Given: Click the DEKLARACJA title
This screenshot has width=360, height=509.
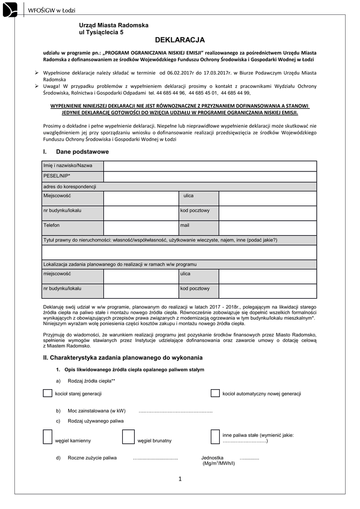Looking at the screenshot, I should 180,39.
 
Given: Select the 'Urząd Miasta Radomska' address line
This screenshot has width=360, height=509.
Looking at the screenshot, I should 114,25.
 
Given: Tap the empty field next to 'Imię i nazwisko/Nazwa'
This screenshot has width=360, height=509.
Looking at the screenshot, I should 210,166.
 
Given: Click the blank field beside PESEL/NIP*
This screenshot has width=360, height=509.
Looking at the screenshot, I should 210,176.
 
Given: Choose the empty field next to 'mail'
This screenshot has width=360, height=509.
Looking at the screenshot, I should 268,227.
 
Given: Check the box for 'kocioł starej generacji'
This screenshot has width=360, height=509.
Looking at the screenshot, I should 48,393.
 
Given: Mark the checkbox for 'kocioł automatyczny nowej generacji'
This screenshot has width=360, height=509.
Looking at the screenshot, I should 215,393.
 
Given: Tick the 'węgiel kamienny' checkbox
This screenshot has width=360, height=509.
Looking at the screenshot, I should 48,436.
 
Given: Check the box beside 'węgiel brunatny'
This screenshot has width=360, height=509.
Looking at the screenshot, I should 128,436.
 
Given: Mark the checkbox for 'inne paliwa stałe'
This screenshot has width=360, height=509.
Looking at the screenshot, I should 215,436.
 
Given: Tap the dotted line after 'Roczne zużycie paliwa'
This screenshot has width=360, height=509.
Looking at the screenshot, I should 156,458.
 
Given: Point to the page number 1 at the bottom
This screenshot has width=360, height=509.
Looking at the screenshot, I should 180,479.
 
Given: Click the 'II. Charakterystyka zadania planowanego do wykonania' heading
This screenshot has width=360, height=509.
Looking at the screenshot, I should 123,358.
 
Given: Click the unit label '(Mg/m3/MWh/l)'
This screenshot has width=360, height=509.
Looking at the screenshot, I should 219,463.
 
